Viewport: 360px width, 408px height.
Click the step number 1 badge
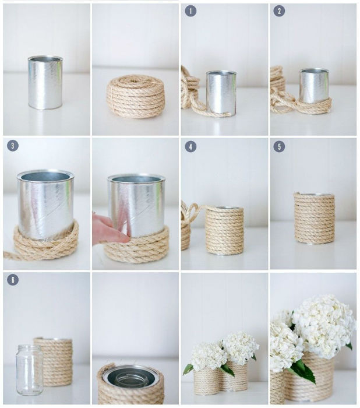tap(190, 11)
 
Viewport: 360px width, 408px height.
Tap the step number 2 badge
tap(279, 11)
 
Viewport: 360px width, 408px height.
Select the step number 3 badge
tap(13, 146)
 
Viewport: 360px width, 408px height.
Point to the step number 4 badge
tap(190, 147)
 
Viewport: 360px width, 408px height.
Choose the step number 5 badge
tap(279, 147)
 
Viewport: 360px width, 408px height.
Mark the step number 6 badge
tap(13, 280)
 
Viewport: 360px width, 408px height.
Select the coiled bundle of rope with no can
tap(135, 96)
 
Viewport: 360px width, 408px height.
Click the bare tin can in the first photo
tap(45, 82)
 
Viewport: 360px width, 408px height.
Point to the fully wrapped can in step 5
tap(315, 218)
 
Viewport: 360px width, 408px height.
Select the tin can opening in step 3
tap(45, 176)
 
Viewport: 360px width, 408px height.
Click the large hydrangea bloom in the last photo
tap(324, 325)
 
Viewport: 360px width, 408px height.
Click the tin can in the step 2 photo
tap(314, 85)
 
